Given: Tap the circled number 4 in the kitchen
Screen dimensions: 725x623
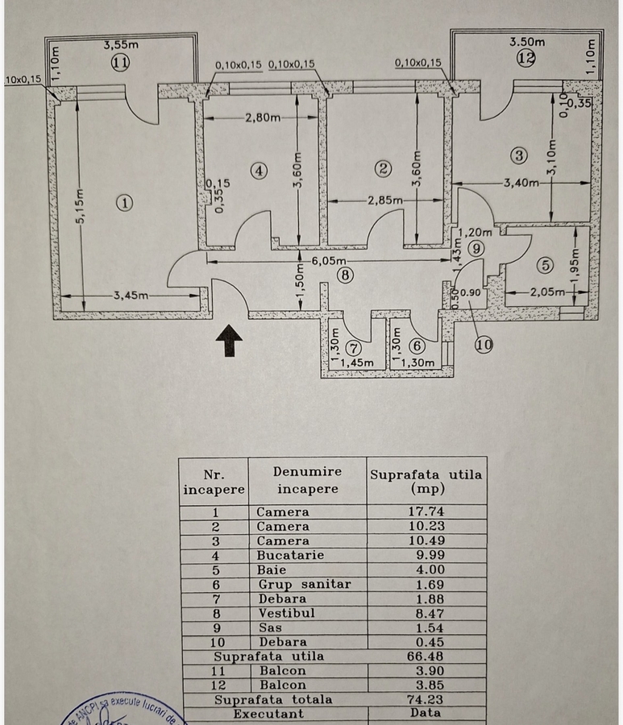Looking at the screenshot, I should (258, 170).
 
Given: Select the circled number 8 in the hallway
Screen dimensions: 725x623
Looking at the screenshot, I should (346, 275).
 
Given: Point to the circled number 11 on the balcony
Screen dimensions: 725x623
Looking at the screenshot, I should (120, 64).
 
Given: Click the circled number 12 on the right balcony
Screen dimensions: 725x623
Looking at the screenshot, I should (526, 57).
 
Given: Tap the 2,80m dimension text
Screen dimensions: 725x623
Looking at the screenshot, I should (264, 118).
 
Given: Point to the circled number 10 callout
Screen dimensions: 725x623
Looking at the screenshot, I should (484, 344).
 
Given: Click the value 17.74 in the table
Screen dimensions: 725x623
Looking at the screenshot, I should (426, 512).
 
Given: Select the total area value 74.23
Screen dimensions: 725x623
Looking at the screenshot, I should (426, 699).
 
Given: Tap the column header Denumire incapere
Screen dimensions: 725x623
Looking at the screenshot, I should (307, 480).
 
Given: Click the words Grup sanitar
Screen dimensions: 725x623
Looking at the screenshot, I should (304, 584).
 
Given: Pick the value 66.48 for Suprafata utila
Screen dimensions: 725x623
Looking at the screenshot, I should (426, 656).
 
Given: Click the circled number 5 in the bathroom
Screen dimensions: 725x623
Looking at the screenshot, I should (545, 264).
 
